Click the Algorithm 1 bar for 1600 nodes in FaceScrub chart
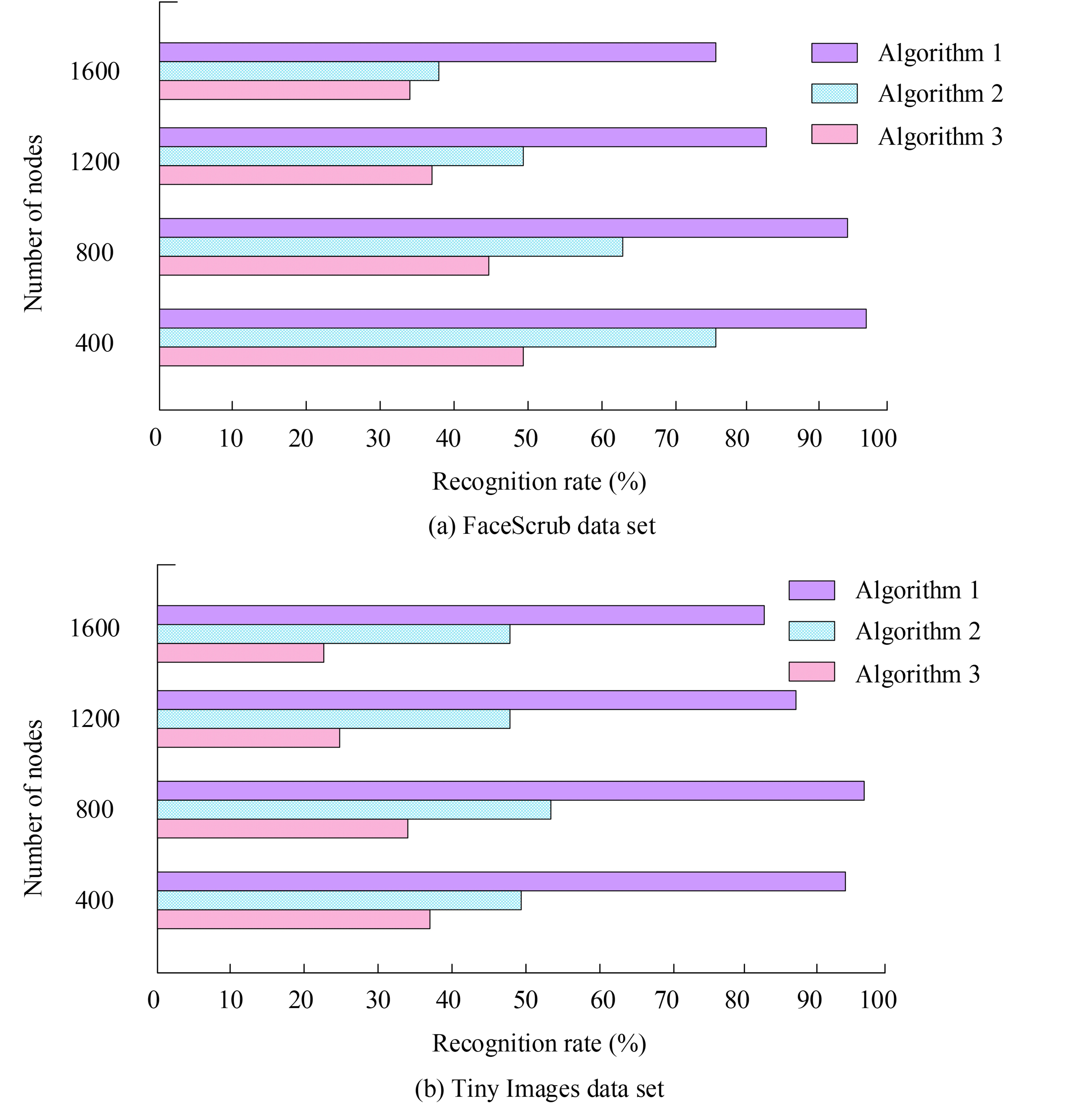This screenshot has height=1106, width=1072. pos(437,52)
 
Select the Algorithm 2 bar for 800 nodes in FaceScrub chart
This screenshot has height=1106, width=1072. pos(391,247)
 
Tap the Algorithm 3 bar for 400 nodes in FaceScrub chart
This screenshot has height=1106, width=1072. pos(341,357)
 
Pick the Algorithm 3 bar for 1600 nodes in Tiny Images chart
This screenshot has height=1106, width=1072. pos(240,653)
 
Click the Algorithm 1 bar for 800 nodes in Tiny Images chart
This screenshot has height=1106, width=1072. pos(511,790)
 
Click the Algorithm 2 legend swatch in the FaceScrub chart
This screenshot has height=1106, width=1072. pos(834,94)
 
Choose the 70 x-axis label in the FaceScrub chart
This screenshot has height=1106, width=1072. pos(666,438)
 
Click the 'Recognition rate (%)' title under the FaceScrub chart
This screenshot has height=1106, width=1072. pos(539,481)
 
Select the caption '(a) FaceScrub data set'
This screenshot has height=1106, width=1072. pos(542,526)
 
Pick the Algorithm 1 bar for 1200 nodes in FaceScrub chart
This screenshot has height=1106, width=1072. pos(463,137)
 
